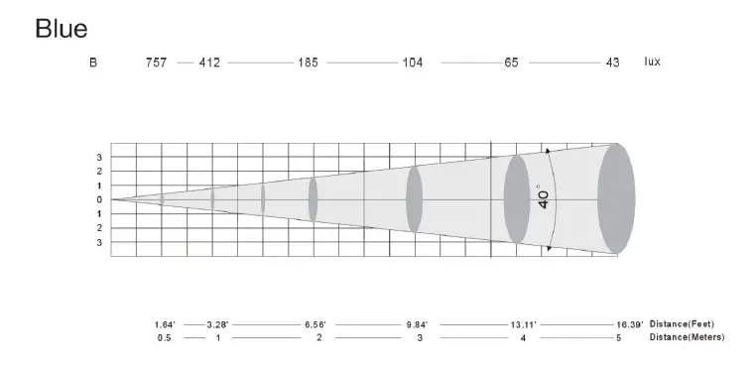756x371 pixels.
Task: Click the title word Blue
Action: (x=62, y=29)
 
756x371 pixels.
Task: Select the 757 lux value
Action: (x=156, y=62)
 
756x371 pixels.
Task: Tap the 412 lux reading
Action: (x=209, y=62)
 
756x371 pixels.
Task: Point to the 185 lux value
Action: (x=309, y=62)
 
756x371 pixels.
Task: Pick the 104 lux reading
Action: (x=413, y=62)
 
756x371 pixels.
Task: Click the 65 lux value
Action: (x=512, y=62)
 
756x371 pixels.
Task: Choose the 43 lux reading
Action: (x=613, y=62)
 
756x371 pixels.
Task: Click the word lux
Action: (x=652, y=62)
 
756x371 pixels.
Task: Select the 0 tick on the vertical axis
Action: (x=99, y=199)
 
